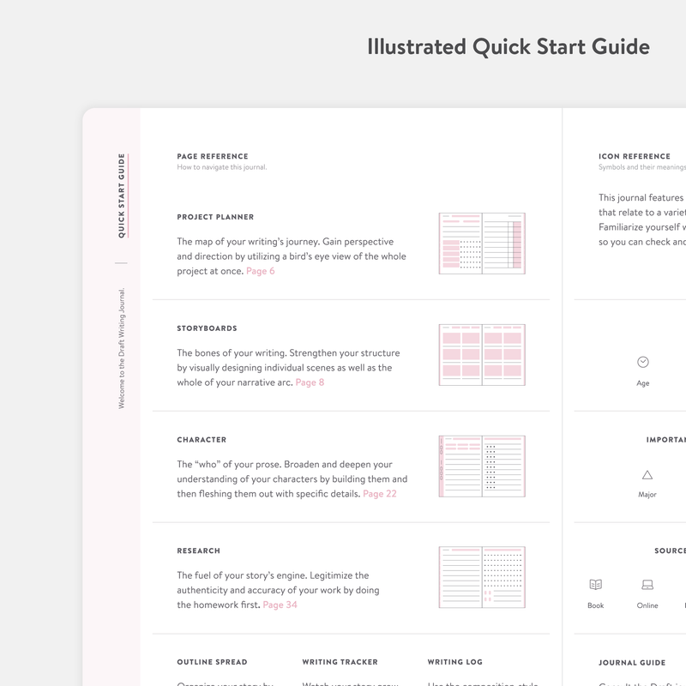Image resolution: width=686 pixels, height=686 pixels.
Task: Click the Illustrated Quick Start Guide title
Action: pos(508,46)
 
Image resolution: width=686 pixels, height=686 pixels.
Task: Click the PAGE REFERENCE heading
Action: pos(213,157)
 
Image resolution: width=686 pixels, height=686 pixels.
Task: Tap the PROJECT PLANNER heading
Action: pos(215,217)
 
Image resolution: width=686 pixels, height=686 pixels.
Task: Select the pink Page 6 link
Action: pos(260,271)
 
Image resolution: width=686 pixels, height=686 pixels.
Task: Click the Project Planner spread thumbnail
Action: pos(481,244)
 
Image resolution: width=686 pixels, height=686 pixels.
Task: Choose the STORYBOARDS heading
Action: pos(207,328)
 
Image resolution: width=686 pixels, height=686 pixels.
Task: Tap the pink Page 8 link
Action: pos(310,382)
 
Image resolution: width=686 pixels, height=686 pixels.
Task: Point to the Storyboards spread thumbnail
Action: pos(481,355)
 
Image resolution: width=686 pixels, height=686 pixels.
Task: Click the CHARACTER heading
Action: pos(202,440)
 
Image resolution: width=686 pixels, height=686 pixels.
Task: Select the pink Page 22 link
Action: pos(379,494)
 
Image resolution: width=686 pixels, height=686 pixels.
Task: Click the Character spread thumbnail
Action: pos(481,466)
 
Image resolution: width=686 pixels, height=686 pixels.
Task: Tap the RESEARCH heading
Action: pos(198,551)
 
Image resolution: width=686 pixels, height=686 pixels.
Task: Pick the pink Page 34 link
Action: pos(280,605)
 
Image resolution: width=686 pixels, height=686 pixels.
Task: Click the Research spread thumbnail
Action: pos(481,578)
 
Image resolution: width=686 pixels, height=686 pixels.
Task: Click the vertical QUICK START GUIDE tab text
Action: pos(122,196)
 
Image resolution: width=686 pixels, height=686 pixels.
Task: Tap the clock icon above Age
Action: pos(643,362)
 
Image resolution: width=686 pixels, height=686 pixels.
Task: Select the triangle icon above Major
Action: pos(647,474)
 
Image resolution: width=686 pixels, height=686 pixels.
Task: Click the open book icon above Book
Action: pos(595,585)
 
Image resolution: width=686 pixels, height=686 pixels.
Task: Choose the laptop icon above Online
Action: pos(647,585)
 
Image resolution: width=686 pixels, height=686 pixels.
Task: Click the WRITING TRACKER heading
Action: pos(340,662)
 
